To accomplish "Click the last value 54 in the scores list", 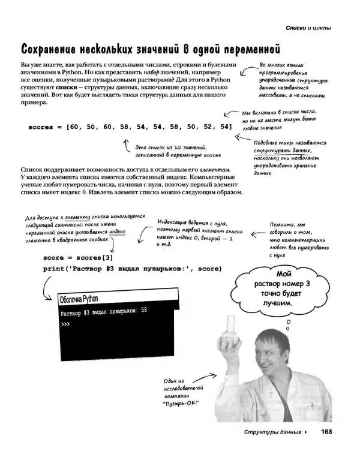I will coord(225,127).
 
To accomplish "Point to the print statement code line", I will coord(132,269).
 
